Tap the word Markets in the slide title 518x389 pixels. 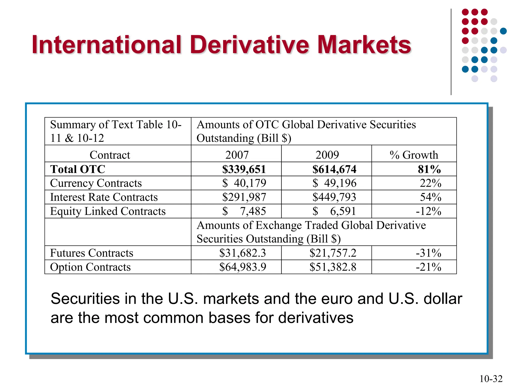tap(364, 45)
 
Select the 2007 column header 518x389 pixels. tap(237, 155)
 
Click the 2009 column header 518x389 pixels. tap(327, 155)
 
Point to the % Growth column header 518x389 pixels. tap(414, 155)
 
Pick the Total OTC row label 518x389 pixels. tap(78, 169)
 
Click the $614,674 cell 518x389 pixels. tap(334, 169)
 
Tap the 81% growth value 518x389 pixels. tap(429, 169)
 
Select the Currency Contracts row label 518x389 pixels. tap(96, 183)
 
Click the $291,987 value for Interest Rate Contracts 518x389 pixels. tap(244, 197)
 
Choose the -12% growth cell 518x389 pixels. tap(428, 211)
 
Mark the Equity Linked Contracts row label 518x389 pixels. tap(108, 211)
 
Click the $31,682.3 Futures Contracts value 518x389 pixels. tap(243, 253)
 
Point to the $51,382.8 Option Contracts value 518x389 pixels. tap(333, 267)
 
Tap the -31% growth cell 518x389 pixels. tap(428, 253)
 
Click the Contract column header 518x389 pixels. tap(110, 155)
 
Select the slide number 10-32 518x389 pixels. tap(491, 379)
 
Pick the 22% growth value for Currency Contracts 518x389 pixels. tap(430, 183)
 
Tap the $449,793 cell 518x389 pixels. tap(334, 197)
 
